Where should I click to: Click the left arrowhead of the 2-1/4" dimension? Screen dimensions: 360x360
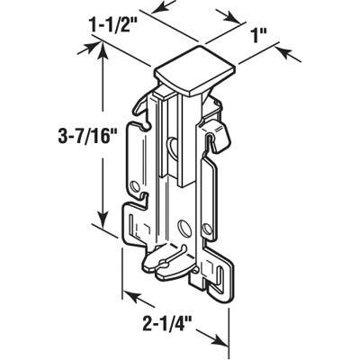(126, 294)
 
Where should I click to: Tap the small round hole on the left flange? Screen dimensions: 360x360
(135, 185)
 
